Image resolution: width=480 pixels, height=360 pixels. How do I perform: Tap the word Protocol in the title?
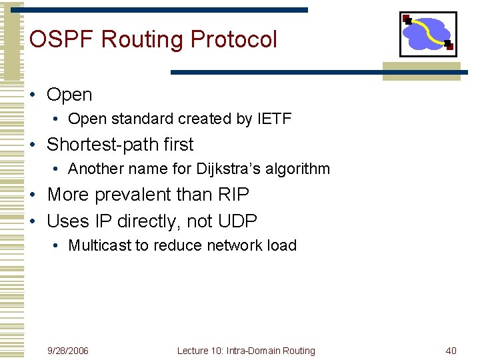click(233, 40)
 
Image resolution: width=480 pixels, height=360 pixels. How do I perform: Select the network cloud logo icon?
click(428, 34)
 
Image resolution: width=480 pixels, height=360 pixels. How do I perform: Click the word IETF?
click(274, 119)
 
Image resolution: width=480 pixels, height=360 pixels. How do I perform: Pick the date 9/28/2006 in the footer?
click(68, 351)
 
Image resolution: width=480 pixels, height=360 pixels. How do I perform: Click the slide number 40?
click(451, 351)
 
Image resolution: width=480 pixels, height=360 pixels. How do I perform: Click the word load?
click(282, 246)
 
